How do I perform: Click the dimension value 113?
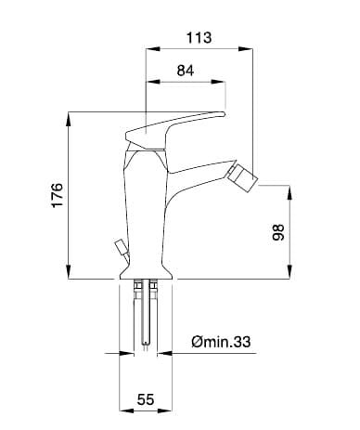(199, 37)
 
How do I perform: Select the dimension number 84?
(186, 71)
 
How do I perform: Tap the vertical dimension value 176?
(58, 195)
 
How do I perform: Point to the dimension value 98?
(278, 232)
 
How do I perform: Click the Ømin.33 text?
(221, 342)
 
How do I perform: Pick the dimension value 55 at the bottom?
(146, 399)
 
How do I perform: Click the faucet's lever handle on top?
(174, 128)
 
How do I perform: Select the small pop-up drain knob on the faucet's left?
(122, 248)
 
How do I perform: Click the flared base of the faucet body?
(146, 272)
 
